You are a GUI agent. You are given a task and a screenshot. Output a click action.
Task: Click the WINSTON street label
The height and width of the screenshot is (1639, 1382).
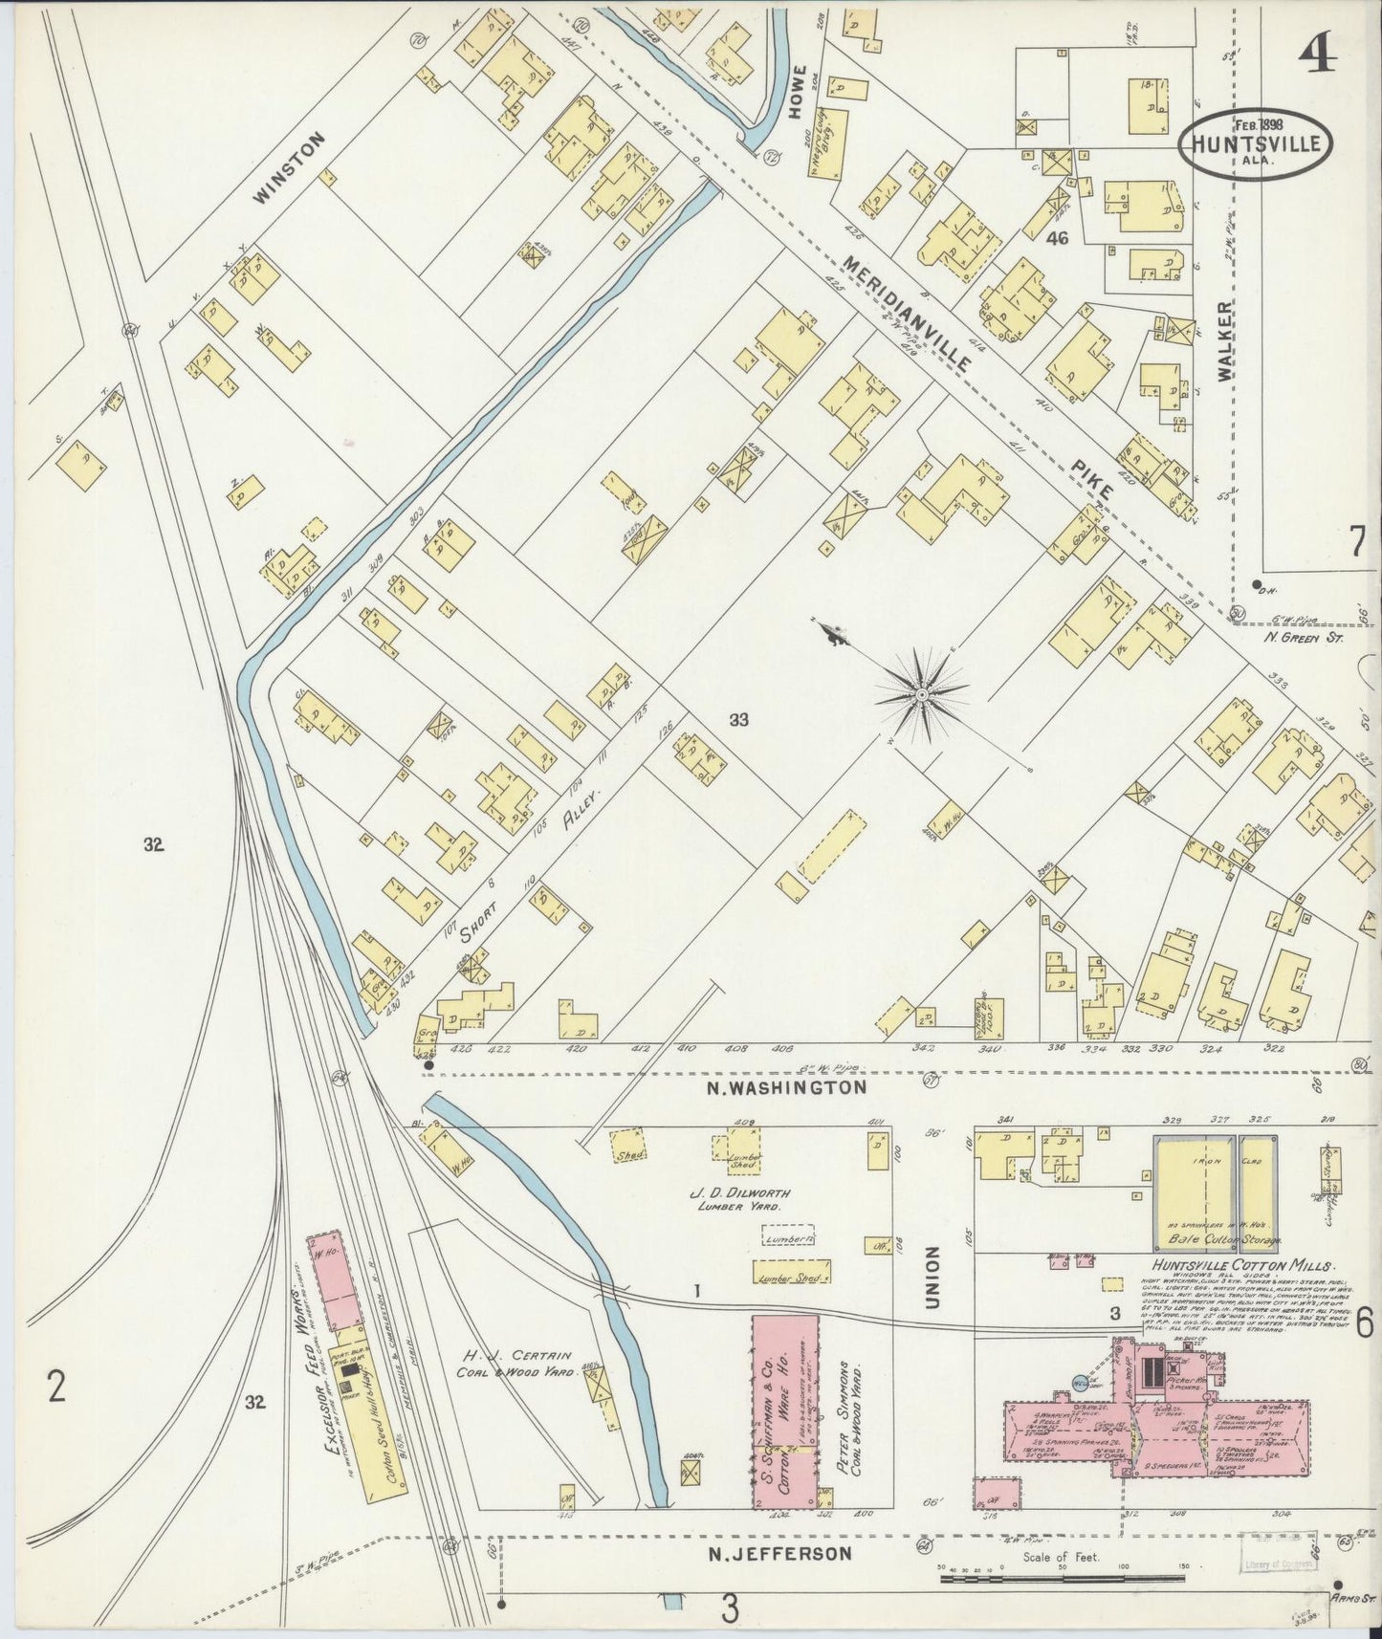291,167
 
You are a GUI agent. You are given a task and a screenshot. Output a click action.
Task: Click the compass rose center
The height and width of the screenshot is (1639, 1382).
920,693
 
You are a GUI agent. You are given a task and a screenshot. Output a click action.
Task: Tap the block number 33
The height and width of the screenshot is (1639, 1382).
737,721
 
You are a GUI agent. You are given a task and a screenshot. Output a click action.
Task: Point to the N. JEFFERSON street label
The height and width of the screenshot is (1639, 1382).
779,1554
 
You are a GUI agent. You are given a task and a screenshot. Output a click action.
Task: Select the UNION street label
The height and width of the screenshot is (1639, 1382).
933,1277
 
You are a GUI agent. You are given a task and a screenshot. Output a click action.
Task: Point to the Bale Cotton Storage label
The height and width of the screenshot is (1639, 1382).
1213,1240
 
